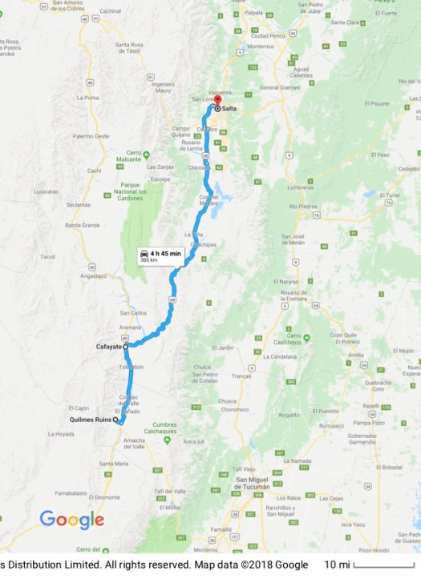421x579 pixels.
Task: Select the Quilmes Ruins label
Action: tap(90, 420)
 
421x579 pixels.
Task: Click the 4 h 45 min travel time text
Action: tap(165, 253)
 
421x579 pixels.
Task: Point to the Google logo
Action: tap(72, 520)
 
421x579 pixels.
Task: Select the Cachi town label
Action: tap(95, 171)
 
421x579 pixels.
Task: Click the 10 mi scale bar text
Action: tap(335, 565)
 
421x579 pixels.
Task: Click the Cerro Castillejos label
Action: tap(298, 339)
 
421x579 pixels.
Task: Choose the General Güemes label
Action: tap(279, 86)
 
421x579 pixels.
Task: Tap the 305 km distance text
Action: tap(149, 260)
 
